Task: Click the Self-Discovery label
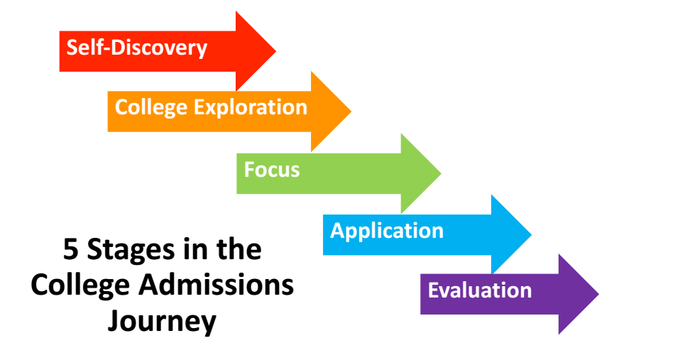[x=136, y=48]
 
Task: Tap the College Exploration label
[x=211, y=107]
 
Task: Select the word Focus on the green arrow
[x=272, y=169]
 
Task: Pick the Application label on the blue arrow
[x=387, y=231]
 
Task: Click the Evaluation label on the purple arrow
[x=480, y=290]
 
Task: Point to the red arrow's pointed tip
[x=276, y=50]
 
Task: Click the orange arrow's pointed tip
[x=351, y=111]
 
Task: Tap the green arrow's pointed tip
[x=441, y=173]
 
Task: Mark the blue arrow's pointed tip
[x=531, y=234]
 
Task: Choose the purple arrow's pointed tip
[x=598, y=294]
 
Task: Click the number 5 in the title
[x=70, y=249]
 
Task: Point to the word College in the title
[x=80, y=287]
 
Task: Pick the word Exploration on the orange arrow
[x=251, y=107]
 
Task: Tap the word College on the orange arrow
[x=151, y=108]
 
